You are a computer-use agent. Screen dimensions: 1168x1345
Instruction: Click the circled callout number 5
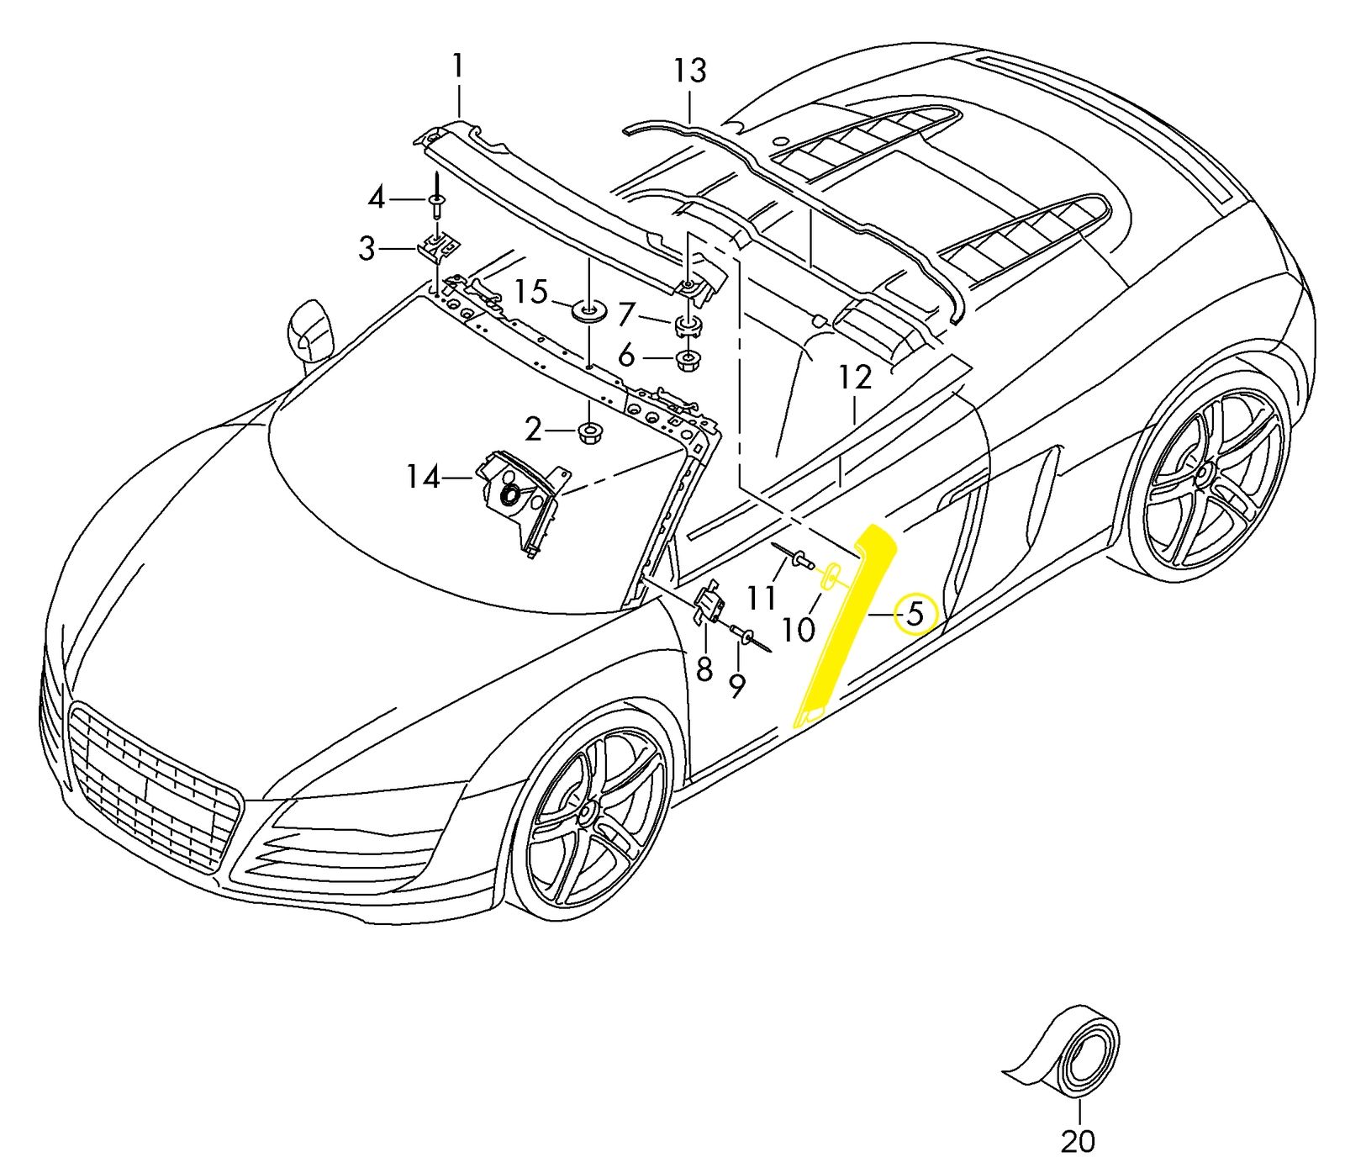click(x=915, y=614)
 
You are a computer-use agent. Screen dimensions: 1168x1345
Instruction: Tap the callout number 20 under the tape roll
click(x=1078, y=1140)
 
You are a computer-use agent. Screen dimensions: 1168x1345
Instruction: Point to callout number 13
click(x=689, y=71)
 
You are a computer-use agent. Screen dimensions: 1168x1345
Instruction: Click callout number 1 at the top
click(x=457, y=66)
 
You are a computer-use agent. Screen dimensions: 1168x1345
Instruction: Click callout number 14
click(x=423, y=478)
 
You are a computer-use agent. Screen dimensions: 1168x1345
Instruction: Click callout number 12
click(x=854, y=378)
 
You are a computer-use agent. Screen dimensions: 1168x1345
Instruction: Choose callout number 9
click(x=736, y=686)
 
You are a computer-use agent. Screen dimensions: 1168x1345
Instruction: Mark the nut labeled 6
click(x=688, y=361)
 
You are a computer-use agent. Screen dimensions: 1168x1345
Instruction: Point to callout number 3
click(x=367, y=249)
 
